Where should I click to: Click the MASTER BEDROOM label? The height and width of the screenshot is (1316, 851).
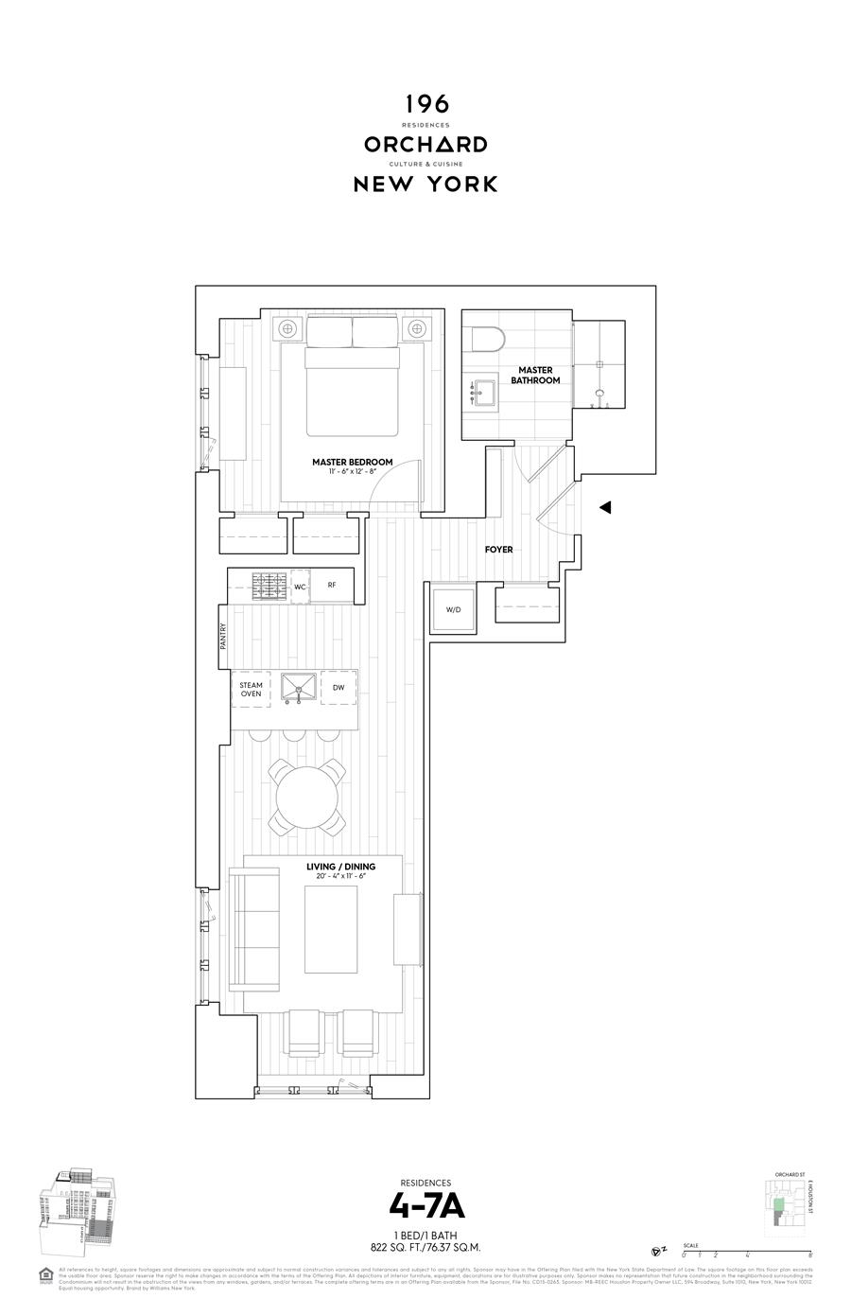click(352, 463)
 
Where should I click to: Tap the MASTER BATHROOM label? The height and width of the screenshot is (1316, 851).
click(535, 376)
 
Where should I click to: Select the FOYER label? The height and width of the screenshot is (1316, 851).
click(498, 550)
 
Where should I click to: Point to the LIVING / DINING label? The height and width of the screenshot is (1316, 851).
click(340, 867)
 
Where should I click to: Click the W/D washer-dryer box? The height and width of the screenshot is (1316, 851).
click(453, 609)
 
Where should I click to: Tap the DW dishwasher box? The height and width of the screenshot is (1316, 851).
click(339, 688)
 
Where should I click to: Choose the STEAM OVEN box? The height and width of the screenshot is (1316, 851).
click(251, 689)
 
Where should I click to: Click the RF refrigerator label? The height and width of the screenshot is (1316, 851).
click(332, 586)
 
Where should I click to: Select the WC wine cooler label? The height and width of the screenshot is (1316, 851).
click(301, 587)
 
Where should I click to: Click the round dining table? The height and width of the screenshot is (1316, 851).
click(306, 796)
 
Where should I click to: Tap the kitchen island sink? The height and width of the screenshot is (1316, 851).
click(298, 688)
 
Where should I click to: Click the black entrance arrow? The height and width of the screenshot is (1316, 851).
click(605, 508)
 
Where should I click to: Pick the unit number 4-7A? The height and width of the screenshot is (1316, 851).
click(425, 1206)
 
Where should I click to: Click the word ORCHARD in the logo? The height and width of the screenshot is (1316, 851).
click(425, 145)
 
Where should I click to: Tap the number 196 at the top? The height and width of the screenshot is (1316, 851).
click(425, 104)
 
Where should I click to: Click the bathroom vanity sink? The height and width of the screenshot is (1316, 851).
click(485, 391)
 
